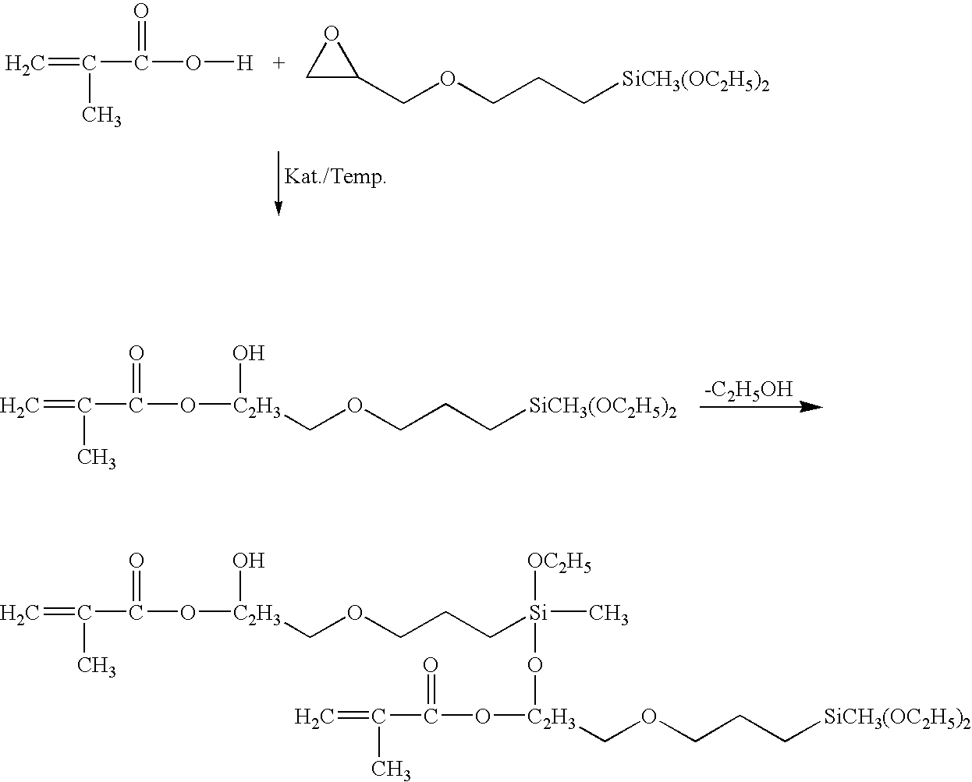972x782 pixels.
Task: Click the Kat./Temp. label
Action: point(335,177)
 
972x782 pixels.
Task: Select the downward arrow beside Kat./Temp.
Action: point(278,183)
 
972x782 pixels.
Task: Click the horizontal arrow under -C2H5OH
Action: point(761,407)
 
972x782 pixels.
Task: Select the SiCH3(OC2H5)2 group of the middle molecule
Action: point(602,406)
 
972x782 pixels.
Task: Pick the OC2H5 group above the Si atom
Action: point(559,563)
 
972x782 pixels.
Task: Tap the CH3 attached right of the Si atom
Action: point(608,615)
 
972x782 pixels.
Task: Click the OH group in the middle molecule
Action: point(250,354)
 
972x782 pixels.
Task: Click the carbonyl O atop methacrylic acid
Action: point(141,12)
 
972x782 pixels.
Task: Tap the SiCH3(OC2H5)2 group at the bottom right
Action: point(896,717)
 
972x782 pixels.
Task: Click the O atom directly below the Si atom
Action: point(535,665)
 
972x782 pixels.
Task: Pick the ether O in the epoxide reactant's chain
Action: point(447,79)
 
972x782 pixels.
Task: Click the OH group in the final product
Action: point(250,561)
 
